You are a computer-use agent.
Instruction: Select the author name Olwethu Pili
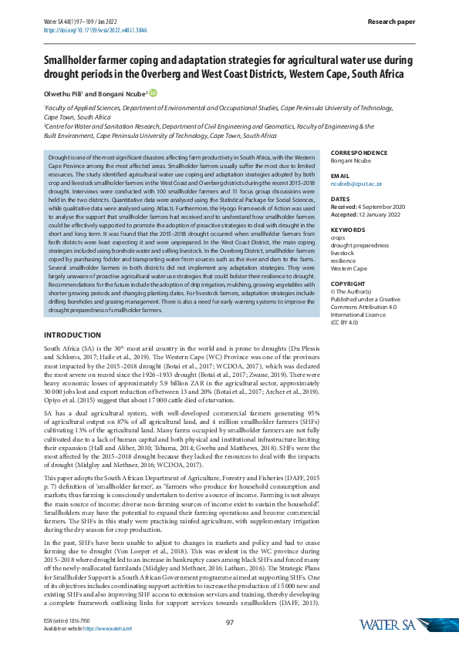pyautogui.click(x=65, y=94)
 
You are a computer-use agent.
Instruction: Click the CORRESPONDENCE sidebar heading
pyautogui.click(x=359, y=153)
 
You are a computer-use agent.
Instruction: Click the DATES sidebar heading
pyautogui.click(x=339, y=199)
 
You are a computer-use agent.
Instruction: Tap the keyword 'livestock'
pyautogui.click(x=343, y=251)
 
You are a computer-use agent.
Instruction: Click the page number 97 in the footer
pyautogui.click(x=230, y=623)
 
